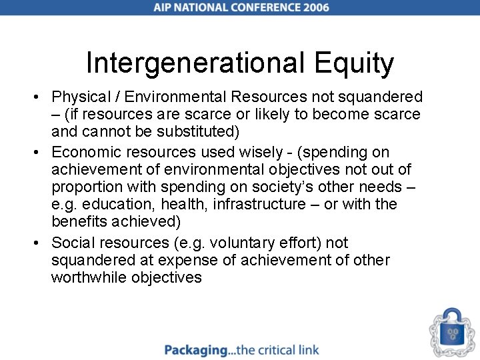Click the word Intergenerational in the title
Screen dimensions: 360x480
(194, 64)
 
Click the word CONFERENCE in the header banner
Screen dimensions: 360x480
(257, 8)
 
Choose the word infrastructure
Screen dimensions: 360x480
(259, 204)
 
